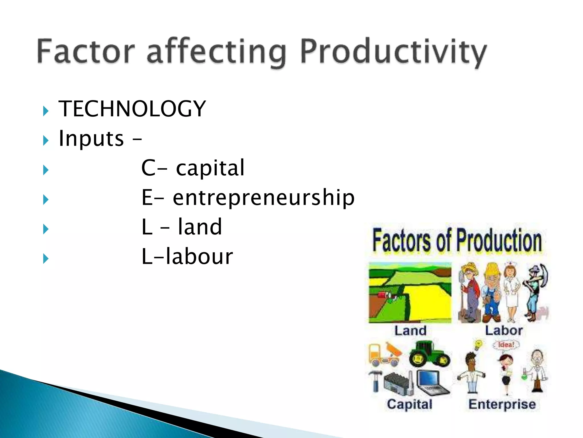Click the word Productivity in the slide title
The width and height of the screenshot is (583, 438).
tap(393, 53)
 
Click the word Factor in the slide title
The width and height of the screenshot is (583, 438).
tap(85, 51)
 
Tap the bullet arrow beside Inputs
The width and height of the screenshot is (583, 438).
tap(46, 140)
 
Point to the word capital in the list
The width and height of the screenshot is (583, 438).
tap(210, 168)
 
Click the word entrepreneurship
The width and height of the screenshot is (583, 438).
tap(263, 198)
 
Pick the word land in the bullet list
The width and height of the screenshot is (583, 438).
tap(200, 227)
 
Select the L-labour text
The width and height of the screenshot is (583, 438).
tap(187, 257)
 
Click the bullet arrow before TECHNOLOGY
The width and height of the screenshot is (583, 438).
tap(46, 111)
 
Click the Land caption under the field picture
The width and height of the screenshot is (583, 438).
tap(410, 331)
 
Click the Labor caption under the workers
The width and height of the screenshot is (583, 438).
tap(504, 330)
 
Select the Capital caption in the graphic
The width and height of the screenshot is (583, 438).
tap(409, 404)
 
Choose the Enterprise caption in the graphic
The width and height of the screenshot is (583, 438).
tap(502, 404)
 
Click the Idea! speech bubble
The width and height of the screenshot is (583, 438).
tap(506, 345)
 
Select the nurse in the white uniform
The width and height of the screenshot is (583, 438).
tap(511, 291)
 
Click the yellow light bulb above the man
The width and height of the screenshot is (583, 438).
tap(479, 344)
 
